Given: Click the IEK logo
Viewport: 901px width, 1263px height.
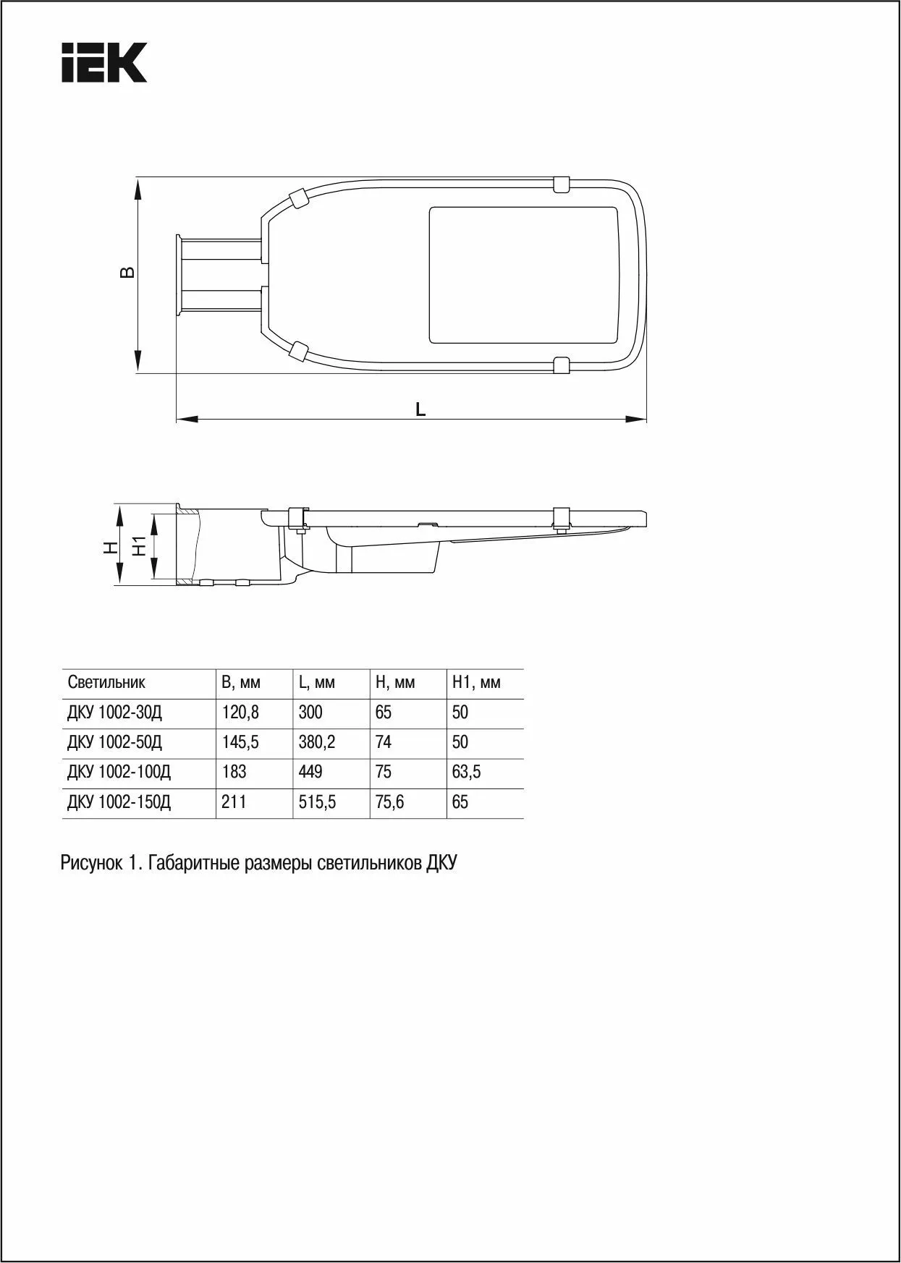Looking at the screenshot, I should pyautogui.click(x=104, y=62).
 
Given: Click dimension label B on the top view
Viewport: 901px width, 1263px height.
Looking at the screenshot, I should pyautogui.click(x=127, y=272).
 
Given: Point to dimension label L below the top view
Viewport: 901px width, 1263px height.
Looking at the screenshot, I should pyautogui.click(x=420, y=409).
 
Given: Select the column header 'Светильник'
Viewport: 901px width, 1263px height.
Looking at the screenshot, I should pyautogui.click(x=106, y=682).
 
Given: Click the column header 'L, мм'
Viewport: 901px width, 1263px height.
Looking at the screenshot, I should pyautogui.click(x=316, y=682).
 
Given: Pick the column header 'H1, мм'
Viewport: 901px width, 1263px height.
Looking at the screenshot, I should pyautogui.click(x=476, y=682).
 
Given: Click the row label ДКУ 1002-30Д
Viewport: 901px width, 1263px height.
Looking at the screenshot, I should pyautogui.click(x=114, y=713).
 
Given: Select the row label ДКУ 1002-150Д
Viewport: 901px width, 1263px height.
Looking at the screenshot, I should pyautogui.click(x=119, y=802).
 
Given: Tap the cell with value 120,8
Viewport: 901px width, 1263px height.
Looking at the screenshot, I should pyautogui.click(x=240, y=713).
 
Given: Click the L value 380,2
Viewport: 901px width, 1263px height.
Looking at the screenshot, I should pyautogui.click(x=317, y=742).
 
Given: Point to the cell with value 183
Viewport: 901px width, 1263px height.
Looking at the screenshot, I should pyautogui.click(x=234, y=772).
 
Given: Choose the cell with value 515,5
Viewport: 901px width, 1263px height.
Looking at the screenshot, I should pyautogui.click(x=317, y=802).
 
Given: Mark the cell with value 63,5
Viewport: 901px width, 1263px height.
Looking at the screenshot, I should pyautogui.click(x=466, y=772).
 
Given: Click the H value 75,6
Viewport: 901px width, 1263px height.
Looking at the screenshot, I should pyautogui.click(x=389, y=802).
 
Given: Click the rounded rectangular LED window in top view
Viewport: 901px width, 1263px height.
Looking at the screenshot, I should pyautogui.click(x=524, y=275).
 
